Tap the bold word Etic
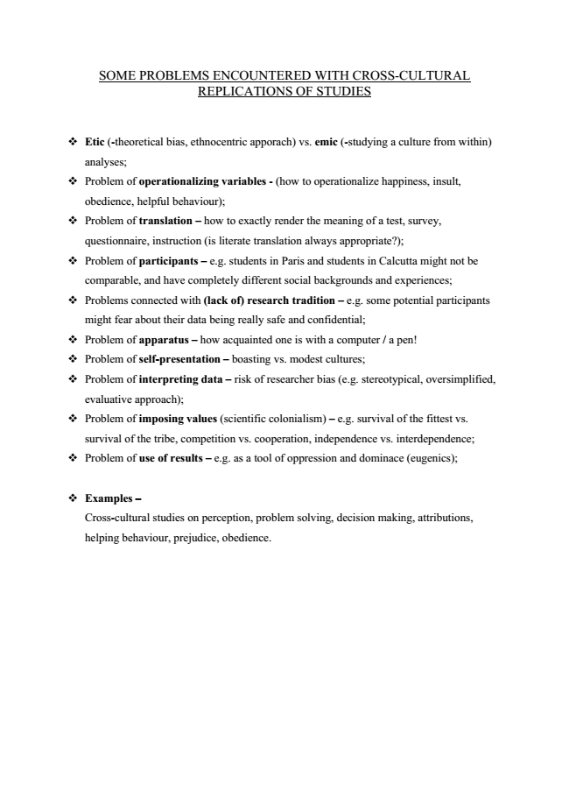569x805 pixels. [x=95, y=142]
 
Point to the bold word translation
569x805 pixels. [x=165, y=221]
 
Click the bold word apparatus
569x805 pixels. [x=162, y=340]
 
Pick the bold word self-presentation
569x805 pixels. [x=179, y=359]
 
